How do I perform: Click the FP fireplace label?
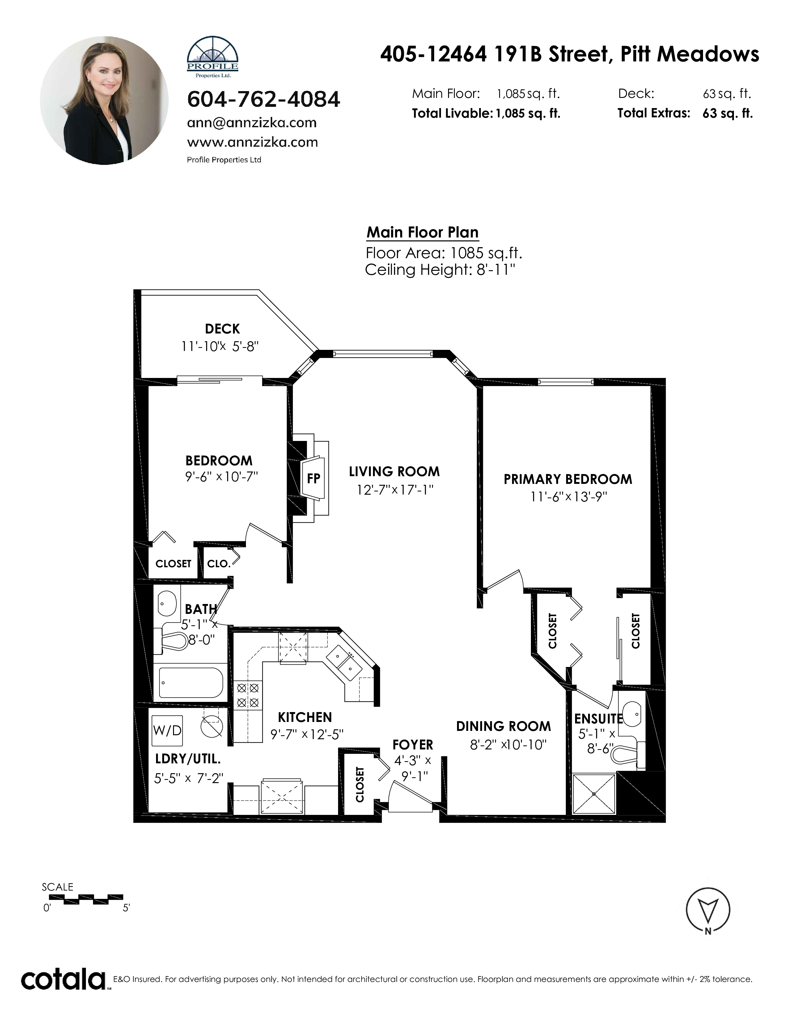coord(313,478)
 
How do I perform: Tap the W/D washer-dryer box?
coord(167,731)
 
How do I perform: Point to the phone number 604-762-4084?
coord(263,99)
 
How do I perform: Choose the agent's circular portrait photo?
coord(104,100)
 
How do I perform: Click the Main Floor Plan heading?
coord(422,232)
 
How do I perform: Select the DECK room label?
coord(222,329)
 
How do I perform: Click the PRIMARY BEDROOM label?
coord(568,479)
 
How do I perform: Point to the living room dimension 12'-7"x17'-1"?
coord(395,490)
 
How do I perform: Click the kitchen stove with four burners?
coord(248,695)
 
